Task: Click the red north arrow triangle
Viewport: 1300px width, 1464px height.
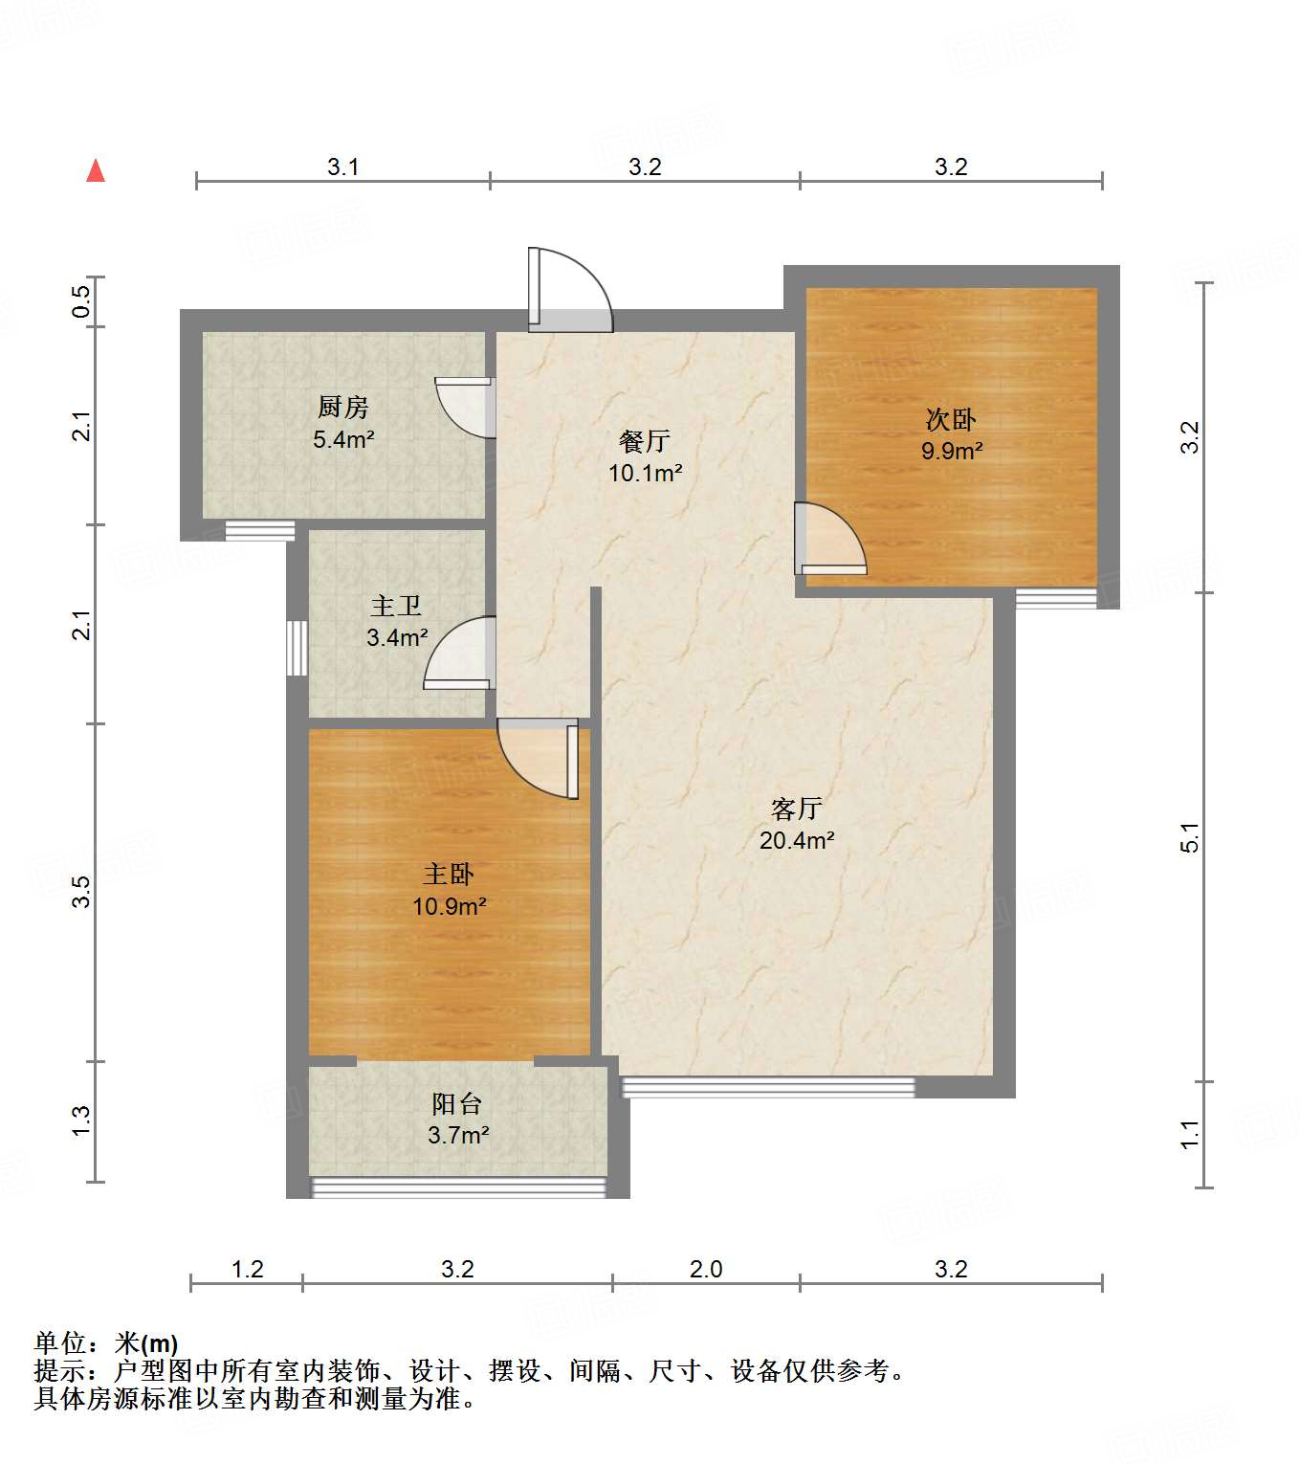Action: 96,171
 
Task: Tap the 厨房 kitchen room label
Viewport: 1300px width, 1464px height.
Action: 343,408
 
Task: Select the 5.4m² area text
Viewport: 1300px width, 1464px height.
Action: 343,440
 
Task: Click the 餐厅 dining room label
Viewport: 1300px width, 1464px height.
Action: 645,441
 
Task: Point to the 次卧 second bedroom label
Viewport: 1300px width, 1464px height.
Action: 951,419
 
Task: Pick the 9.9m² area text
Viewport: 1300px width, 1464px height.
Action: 952,451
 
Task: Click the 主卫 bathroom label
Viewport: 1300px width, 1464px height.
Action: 396,606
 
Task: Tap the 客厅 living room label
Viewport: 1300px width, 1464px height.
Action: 796,810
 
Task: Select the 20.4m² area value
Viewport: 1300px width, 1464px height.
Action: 797,841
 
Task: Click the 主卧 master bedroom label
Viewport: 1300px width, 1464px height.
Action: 449,874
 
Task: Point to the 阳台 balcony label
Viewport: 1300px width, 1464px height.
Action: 456,1104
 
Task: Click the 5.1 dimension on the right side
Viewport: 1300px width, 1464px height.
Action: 1189,837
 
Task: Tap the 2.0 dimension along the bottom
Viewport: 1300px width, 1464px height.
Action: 706,1270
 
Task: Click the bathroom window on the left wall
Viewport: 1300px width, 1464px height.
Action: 297,648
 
